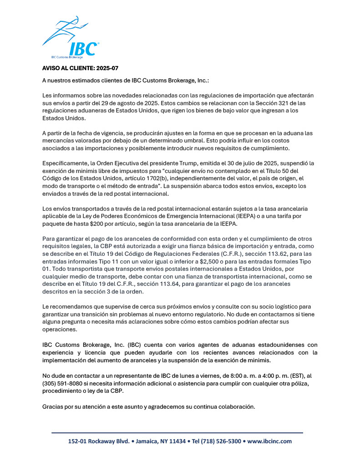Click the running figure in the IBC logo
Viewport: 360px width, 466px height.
click(64, 30)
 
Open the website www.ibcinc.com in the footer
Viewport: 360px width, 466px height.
click(269, 441)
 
